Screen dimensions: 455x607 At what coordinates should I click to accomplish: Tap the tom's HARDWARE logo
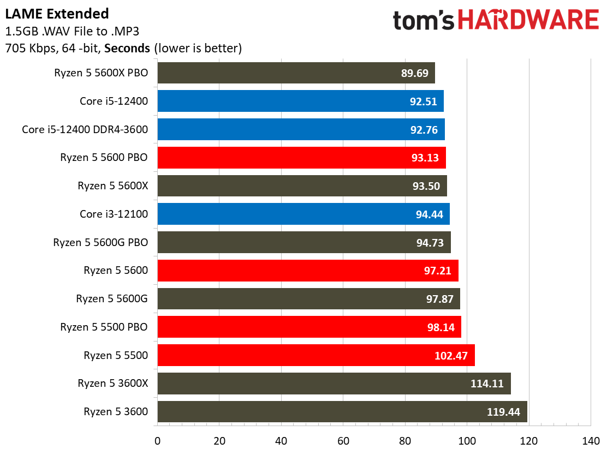tap(496, 21)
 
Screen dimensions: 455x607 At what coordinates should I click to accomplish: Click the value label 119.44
tap(503, 412)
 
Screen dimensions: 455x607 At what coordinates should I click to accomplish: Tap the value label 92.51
tap(423, 101)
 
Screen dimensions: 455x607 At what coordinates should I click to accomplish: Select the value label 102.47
tap(451, 356)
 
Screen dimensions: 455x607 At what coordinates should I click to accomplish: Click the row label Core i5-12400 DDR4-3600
tap(85, 129)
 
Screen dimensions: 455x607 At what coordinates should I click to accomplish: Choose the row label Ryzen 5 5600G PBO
tap(100, 242)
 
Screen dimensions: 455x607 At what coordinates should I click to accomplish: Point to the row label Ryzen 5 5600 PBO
tap(104, 158)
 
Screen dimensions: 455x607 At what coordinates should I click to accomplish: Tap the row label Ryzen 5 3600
tap(116, 411)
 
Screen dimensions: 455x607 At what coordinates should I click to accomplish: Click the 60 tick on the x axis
tap(343, 441)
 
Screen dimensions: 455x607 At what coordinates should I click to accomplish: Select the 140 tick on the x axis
tap(591, 441)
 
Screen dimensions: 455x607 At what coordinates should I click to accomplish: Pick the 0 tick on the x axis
tap(157, 441)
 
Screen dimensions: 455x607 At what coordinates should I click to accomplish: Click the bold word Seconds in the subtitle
tap(127, 48)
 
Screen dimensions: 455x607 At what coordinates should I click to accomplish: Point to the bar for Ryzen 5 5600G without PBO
tap(308, 299)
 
